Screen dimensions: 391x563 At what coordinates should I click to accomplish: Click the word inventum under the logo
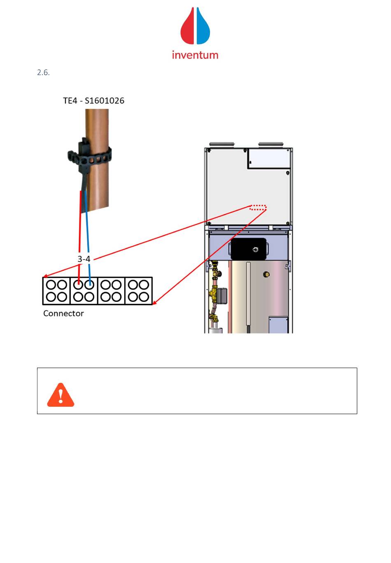click(x=195, y=55)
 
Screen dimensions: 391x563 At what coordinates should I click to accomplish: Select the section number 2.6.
click(x=43, y=73)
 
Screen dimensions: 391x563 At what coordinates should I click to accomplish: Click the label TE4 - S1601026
click(x=93, y=101)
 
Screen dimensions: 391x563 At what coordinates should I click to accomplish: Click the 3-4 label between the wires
click(x=84, y=259)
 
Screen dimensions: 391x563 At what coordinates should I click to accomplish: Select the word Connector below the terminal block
click(x=63, y=313)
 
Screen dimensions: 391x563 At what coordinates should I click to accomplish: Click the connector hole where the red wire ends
click(x=79, y=285)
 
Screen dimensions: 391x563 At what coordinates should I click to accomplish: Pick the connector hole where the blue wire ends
click(x=89, y=285)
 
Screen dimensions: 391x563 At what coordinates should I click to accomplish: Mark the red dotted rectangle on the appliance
click(x=258, y=208)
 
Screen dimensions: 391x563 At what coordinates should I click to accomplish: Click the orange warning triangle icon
click(x=61, y=395)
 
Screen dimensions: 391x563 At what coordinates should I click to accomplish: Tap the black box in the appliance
click(x=248, y=249)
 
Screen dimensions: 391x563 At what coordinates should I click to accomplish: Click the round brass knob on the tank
click(x=266, y=274)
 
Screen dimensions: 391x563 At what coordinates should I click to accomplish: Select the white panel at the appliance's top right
click(x=269, y=158)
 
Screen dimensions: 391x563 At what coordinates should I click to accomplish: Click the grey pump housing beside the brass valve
click(x=222, y=294)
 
